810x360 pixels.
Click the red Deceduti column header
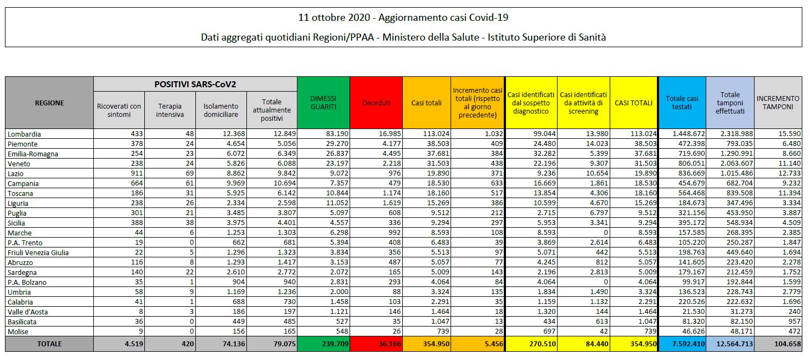click(x=376, y=103)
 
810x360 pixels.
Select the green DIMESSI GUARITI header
click(x=323, y=103)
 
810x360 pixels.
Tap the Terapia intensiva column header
click(x=170, y=110)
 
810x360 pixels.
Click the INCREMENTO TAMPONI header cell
click(x=778, y=103)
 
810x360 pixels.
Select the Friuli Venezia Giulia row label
click(x=37, y=252)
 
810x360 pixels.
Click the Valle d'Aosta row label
click(x=27, y=312)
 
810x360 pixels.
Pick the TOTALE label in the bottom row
click(x=49, y=344)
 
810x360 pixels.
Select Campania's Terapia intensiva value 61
click(x=179, y=183)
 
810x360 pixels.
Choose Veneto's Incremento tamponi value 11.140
click(x=789, y=164)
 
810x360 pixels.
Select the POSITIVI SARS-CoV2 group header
click(x=195, y=83)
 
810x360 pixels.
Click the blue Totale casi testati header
click(x=682, y=103)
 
